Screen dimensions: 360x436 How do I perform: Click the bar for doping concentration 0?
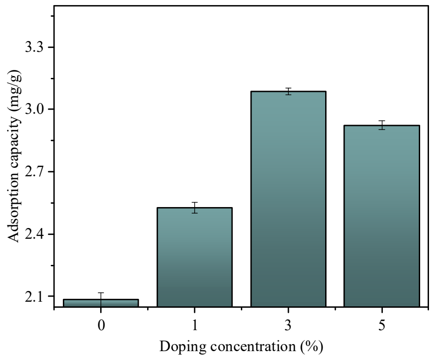pyautogui.click(x=101, y=303)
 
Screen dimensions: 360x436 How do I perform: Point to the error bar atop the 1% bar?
pyautogui.click(x=194, y=208)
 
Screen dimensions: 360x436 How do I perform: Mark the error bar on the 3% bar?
pyautogui.click(x=288, y=91)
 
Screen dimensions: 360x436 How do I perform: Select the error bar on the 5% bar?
pyautogui.click(x=381, y=125)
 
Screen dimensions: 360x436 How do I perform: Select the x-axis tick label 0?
pyautogui.click(x=101, y=325)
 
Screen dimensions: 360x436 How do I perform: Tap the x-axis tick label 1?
pyautogui.click(x=194, y=325)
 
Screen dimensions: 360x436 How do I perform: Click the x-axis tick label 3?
pyautogui.click(x=288, y=325)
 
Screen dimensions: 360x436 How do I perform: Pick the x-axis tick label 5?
pyautogui.click(x=381, y=325)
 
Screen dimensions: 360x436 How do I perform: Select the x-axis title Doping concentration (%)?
pyautogui.click(x=241, y=347)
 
